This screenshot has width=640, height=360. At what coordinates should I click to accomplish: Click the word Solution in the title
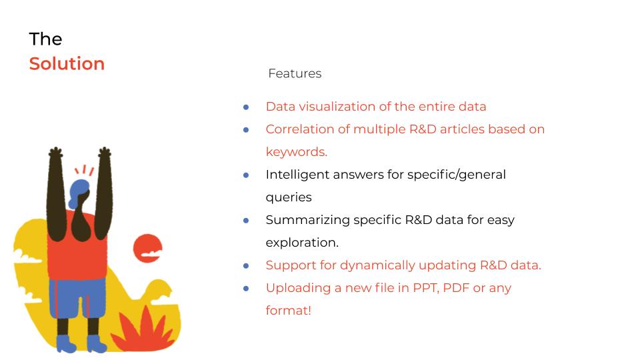click(x=67, y=64)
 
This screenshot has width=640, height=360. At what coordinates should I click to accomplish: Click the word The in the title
click(x=46, y=39)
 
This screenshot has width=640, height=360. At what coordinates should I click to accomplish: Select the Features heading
click(x=295, y=73)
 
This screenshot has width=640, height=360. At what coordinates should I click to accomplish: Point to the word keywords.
click(x=296, y=152)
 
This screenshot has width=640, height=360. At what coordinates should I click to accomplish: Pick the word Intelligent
click(x=297, y=175)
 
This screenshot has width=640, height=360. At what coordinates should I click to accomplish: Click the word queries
click(x=289, y=197)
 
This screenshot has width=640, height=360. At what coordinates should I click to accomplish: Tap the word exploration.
click(x=302, y=243)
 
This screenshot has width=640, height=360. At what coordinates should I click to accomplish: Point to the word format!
click(x=289, y=311)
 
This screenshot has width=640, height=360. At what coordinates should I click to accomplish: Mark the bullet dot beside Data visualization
click(x=246, y=107)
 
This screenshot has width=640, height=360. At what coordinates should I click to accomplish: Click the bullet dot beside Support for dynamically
click(x=246, y=266)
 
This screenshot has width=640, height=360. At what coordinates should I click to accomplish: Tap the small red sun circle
click(x=148, y=248)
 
